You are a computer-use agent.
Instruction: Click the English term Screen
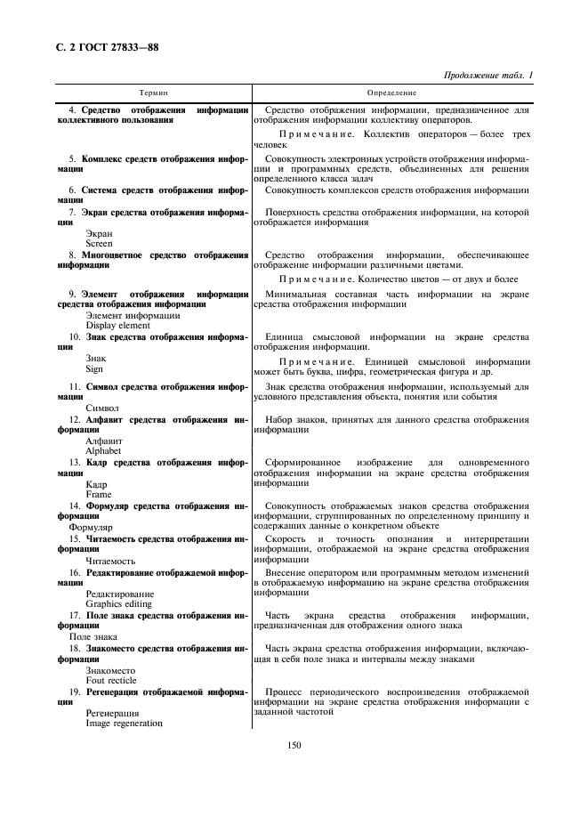(x=100, y=243)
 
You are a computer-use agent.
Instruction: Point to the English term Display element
(x=118, y=325)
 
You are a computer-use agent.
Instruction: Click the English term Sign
(x=94, y=368)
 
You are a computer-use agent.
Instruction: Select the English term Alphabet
(x=104, y=450)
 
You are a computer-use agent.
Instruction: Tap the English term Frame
(x=98, y=494)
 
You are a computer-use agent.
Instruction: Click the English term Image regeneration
(x=125, y=724)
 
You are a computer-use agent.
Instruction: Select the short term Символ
(x=101, y=408)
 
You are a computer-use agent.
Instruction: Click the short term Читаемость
(x=110, y=561)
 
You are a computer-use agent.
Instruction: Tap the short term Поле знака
(x=93, y=636)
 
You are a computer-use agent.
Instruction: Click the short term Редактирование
(x=119, y=593)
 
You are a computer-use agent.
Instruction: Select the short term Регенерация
(x=112, y=713)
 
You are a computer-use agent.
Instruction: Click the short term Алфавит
(x=104, y=440)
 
